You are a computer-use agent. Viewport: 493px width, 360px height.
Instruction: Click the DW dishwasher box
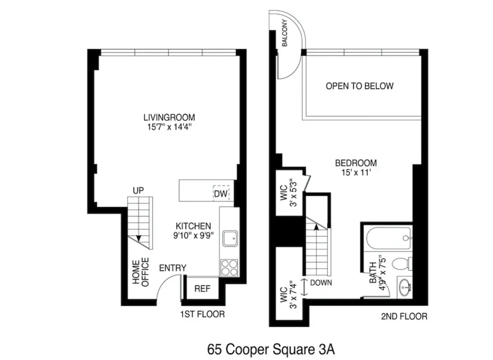(x=221, y=193)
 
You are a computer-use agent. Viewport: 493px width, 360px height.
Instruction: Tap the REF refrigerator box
(x=202, y=289)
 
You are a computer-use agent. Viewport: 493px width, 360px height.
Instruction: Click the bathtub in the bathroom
(x=386, y=237)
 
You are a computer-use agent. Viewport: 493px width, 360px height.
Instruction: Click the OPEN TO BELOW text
(x=359, y=86)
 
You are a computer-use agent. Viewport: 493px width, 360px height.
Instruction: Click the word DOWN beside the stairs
(x=321, y=282)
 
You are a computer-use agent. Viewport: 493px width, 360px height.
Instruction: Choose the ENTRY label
(x=173, y=268)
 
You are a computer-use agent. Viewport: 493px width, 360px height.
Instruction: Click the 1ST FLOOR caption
(x=202, y=314)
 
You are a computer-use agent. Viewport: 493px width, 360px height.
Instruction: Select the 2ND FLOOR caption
(x=404, y=316)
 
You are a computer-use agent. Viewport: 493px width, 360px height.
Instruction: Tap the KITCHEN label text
(x=193, y=226)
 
